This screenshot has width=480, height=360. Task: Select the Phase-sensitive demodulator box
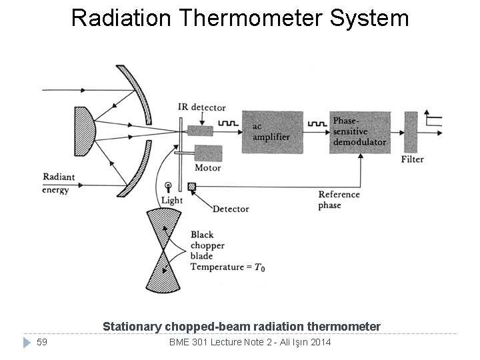click(x=359, y=132)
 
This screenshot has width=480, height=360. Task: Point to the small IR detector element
click(x=200, y=130)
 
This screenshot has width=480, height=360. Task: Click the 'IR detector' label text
click(x=201, y=107)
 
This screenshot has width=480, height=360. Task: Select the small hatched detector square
click(x=192, y=187)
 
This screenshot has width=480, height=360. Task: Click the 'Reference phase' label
click(x=339, y=199)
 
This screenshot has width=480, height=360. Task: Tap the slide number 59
click(x=42, y=343)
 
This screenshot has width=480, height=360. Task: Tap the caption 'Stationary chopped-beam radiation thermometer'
click(x=241, y=327)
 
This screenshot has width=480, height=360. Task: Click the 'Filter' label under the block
click(x=412, y=160)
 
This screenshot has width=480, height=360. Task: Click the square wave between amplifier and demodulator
click(x=316, y=123)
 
